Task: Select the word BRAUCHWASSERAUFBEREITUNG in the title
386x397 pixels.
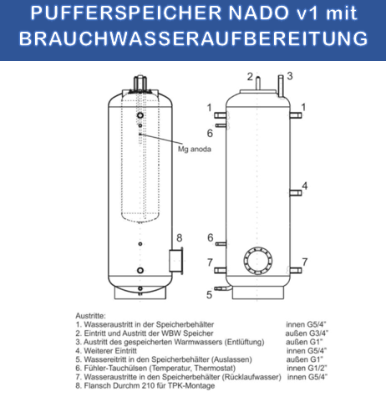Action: click(192, 39)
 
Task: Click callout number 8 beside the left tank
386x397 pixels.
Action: click(179, 237)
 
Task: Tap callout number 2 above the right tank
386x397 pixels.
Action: click(249, 77)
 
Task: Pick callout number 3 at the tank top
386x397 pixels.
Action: click(289, 76)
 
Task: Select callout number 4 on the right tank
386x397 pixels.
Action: click(305, 186)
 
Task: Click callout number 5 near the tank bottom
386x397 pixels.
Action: click(210, 294)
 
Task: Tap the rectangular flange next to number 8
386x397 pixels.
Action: click(176, 259)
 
